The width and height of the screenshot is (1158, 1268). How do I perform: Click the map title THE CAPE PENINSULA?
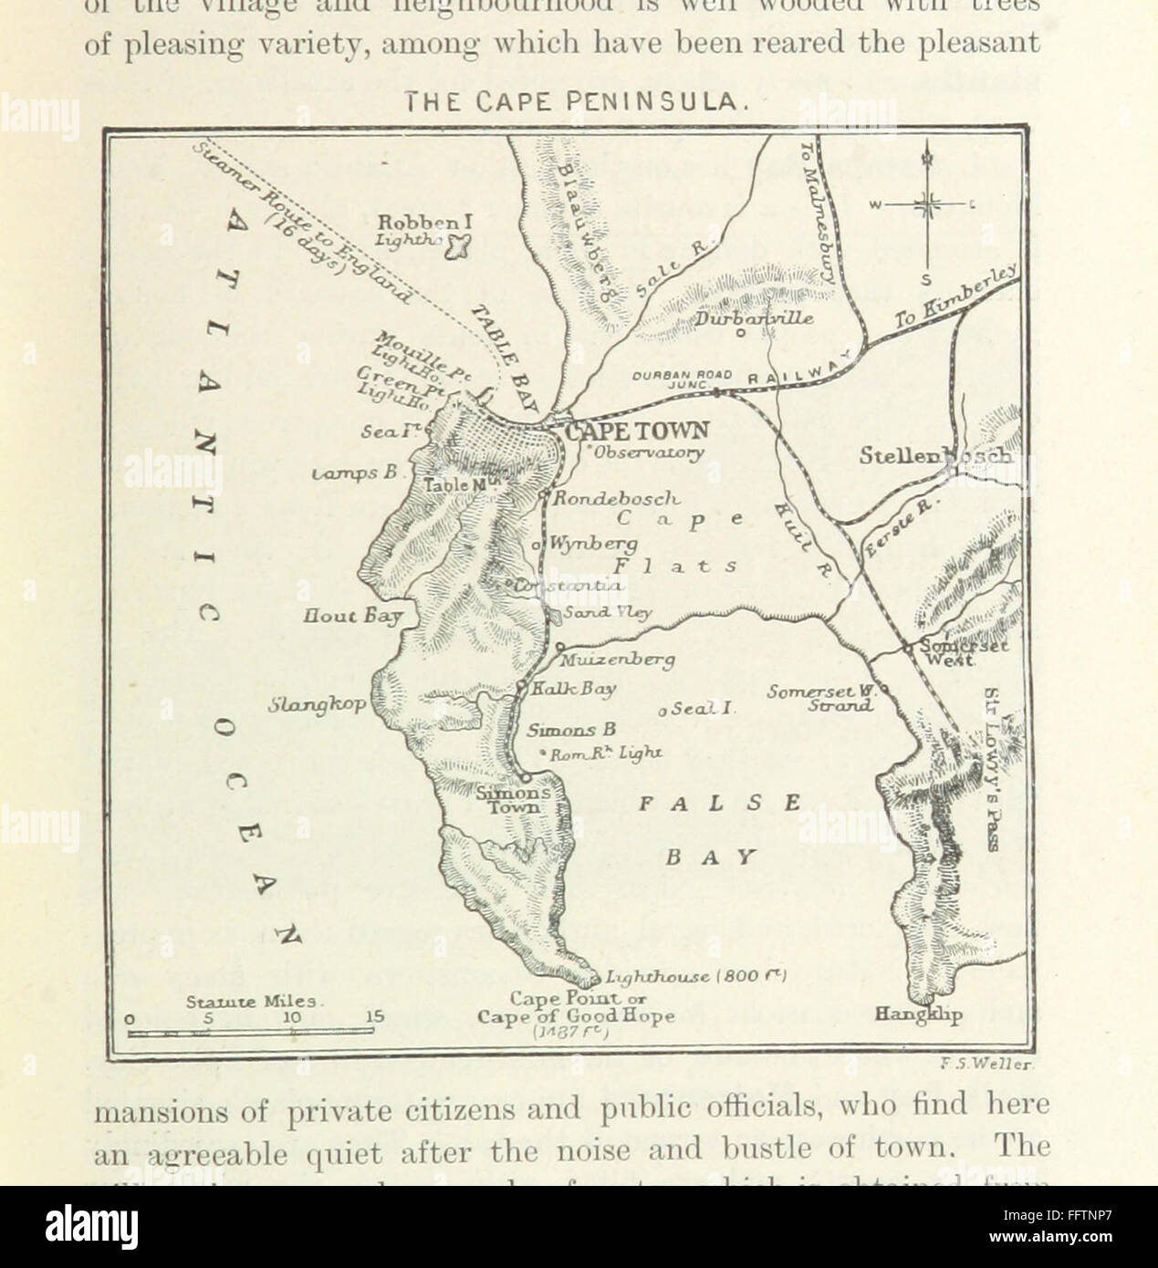click(x=579, y=103)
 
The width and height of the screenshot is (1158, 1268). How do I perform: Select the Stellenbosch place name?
click(x=935, y=456)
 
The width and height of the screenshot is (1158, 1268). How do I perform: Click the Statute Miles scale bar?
click(x=250, y=1031)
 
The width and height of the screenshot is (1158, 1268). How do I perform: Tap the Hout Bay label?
click(x=353, y=618)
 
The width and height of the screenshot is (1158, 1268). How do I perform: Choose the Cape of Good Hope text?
click(x=576, y=1016)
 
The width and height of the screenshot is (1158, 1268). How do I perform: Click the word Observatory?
click(x=647, y=452)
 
